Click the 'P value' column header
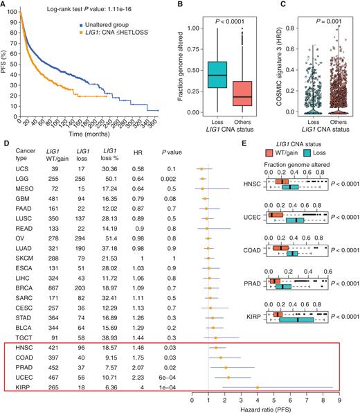point(171,170)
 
